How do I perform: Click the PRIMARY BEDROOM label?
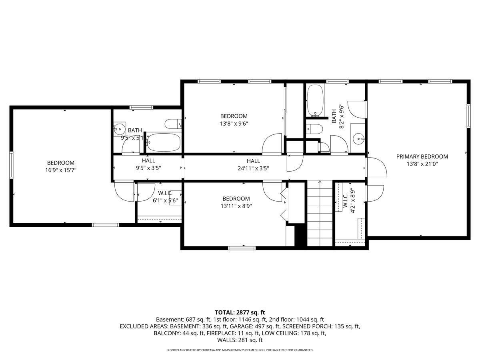[422, 156]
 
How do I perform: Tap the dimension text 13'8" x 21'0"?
[422, 163]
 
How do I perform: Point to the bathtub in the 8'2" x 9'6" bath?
[316, 100]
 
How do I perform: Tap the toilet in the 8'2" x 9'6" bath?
[314, 129]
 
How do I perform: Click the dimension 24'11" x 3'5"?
[253, 168]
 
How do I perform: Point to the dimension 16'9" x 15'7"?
[61, 170]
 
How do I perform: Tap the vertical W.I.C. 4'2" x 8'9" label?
[348, 200]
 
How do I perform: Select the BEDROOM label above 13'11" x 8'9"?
[236, 199]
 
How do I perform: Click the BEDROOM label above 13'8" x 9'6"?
[234, 116]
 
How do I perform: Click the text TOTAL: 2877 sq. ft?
[240, 312]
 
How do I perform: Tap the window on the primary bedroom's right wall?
[468, 116]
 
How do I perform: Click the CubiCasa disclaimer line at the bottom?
[240, 350]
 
